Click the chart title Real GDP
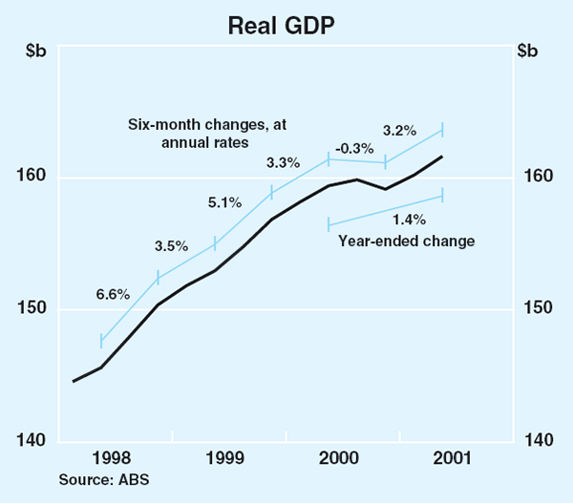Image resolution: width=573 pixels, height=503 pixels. coord(286,25)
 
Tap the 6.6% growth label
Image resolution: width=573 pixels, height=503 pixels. coord(112,295)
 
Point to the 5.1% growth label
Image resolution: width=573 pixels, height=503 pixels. coord(225,202)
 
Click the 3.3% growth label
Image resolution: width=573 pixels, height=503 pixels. coord(284,162)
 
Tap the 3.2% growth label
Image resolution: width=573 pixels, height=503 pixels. coord(398,129)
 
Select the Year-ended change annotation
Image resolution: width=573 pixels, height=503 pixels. coord(407,241)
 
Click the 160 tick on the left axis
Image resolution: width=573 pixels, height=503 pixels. coord(37,177)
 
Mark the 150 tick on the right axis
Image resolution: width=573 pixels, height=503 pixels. coord(536,309)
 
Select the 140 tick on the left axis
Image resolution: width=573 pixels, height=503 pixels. coord(37,440)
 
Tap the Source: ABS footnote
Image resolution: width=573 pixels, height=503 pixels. coord(104,479)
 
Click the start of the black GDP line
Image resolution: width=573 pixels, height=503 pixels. coord(74,381)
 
